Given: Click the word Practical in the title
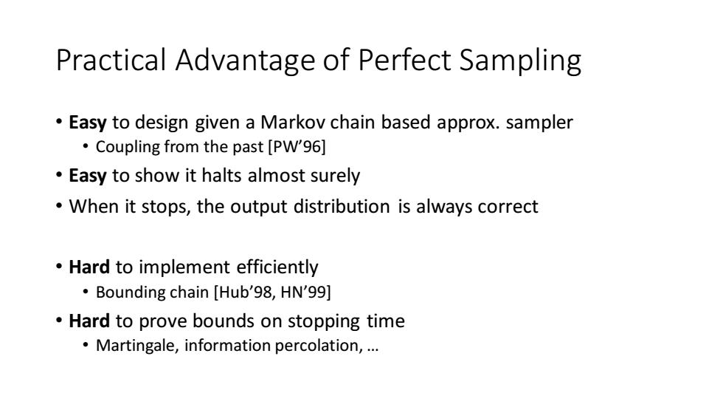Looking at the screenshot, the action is coord(111,60).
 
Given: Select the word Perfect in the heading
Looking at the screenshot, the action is coord(404,60).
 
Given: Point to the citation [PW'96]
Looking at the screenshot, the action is coord(297,147).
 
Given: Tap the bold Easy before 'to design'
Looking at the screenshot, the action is coord(88,123).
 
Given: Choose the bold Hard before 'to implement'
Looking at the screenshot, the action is coord(89,267).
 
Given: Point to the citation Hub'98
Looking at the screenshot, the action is coord(243,292).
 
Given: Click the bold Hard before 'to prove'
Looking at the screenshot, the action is coord(89,321).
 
